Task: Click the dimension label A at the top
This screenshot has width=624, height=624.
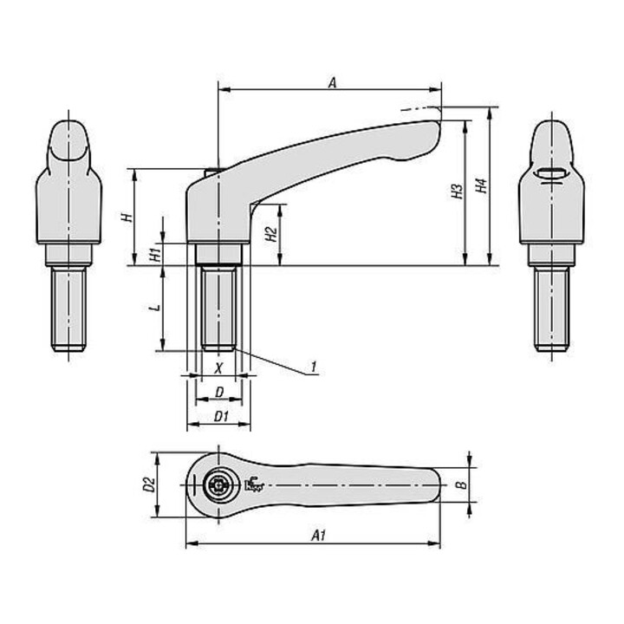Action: pyautogui.click(x=332, y=82)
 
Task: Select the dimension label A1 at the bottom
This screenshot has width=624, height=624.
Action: pyautogui.click(x=318, y=536)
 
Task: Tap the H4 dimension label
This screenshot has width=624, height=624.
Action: pyautogui.click(x=482, y=186)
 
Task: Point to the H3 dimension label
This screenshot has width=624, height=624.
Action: pyautogui.click(x=458, y=192)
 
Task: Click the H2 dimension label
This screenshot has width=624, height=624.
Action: pyautogui.click(x=271, y=234)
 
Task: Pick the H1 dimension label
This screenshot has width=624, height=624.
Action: pyautogui.click(x=156, y=254)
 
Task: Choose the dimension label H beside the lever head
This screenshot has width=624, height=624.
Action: pyautogui.click(x=127, y=218)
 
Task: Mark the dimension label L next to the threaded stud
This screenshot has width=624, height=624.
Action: pyautogui.click(x=156, y=307)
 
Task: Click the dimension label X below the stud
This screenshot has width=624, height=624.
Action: pyautogui.click(x=218, y=368)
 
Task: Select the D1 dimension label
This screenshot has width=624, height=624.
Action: pyautogui.click(x=221, y=417)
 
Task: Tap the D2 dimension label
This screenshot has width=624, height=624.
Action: pyautogui.click(x=149, y=484)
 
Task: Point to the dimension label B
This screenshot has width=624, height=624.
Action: pyautogui.click(x=460, y=484)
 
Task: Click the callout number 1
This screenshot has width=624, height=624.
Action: pyautogui.click(x=314, y=367)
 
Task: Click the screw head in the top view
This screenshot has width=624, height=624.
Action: pyautogui.click(x=218, y=485)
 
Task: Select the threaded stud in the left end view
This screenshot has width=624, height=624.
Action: pyautogui.click(x=68, y=309)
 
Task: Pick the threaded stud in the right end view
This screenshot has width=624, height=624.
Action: pyautogui.click(x=551, y=309)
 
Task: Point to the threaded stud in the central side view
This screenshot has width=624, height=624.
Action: pyautogui.click(x=218, y=307)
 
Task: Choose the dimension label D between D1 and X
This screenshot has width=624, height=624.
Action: pyautogui.click(x=219, y=393)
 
